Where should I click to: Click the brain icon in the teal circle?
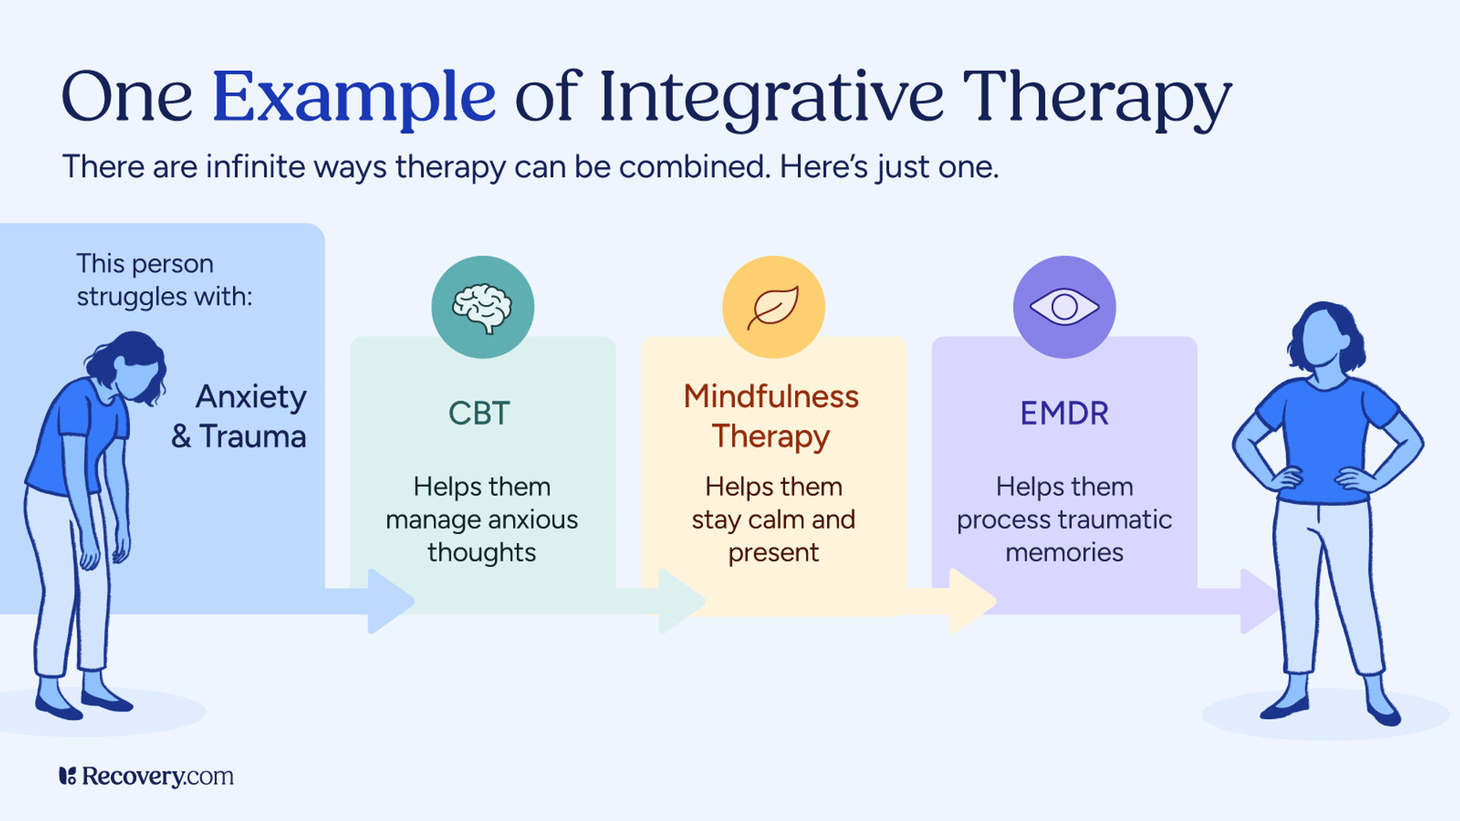click(482, 307)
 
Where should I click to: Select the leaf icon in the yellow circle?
click(773, 307)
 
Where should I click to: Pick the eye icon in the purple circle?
click(1064, 307)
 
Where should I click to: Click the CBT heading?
click(479, 414)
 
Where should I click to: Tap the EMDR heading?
click(1064, 414)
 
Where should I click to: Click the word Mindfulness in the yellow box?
click(771, 396)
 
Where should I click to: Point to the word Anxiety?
click(251, 398)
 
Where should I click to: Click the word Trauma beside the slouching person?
click(253, 436)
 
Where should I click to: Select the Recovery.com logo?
click(146, 776)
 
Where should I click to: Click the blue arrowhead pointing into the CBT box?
click(388, 601)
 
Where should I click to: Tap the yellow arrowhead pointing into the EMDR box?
click(970, 601)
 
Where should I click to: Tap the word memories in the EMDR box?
click(1064, 552)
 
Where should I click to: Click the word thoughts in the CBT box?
click(482, 552)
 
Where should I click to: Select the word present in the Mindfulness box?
click(773, 552)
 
